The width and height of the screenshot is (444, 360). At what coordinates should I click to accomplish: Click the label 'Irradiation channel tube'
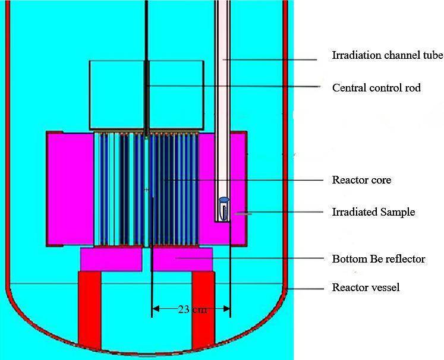388,56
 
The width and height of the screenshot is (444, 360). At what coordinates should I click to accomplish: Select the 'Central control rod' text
376,88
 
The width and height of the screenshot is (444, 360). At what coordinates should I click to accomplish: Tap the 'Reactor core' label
361,180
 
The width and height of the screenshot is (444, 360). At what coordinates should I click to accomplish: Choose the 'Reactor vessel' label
366,288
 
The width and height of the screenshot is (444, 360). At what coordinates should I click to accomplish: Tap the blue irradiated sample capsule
224,200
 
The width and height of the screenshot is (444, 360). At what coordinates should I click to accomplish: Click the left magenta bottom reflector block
111,258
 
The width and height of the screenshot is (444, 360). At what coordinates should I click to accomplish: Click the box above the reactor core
146,95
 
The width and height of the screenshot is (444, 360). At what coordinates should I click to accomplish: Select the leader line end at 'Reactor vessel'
288,288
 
